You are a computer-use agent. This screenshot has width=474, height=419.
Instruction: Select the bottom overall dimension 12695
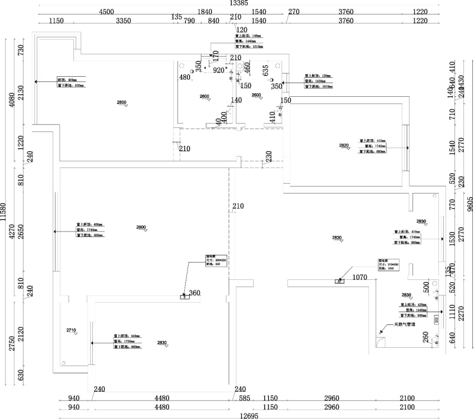(248, 416)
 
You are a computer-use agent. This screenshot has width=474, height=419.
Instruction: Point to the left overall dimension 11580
(4, 211)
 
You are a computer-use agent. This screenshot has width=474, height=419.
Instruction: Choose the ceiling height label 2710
(71, 331)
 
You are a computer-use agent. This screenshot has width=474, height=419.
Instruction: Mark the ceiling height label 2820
(344, 145)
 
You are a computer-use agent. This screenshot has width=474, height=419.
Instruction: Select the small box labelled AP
(338, 282)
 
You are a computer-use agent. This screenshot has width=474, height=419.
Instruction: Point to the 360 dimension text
(195, 293)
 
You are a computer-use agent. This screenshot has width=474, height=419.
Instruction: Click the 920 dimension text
(219, 70)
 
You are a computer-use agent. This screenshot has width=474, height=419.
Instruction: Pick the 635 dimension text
(265, 71)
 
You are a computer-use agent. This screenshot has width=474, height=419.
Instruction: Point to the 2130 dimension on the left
(21, 93)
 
